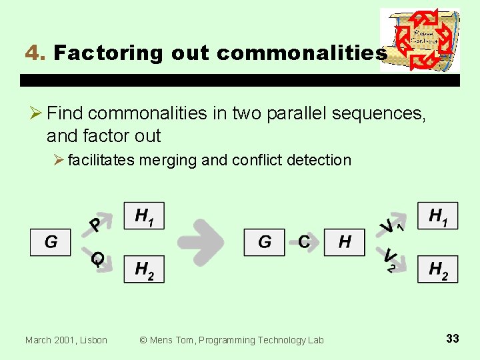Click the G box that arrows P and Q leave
pos(50,242)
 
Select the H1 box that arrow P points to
pos(143,215)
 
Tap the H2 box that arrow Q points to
pos(143,269)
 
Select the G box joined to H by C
pos(264,242)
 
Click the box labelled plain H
pos(344,242)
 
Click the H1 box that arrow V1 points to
pos(437,215)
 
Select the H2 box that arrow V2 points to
pos(437,269)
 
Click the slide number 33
pos(452,339)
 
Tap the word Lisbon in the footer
pos(92,340)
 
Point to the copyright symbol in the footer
pos(143,340)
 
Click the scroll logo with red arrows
pos(420,40)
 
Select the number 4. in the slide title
pos(34,53)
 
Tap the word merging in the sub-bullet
pos(173,160)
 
